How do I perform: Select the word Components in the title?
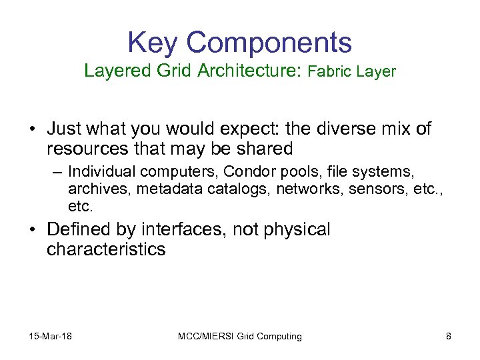coord(269,43)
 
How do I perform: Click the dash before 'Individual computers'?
coord(58,171)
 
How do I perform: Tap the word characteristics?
coord(106,250)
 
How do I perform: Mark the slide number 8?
coord(448,336)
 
